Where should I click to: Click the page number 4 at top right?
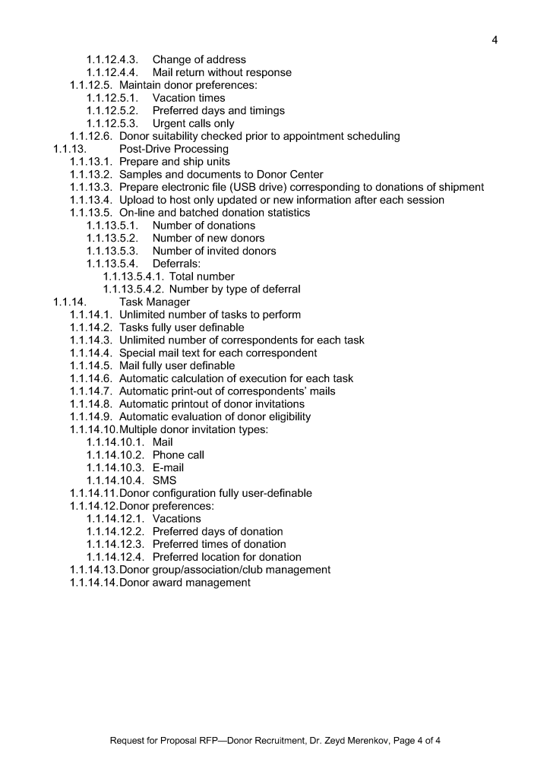(x=495, y=39)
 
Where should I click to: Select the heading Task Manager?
(x=155, y=302)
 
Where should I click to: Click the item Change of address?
(x=199, y=59)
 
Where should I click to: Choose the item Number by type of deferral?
(x=235, y=289)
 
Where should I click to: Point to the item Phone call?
(x=178, y=455)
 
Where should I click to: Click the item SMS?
(x=164, y=480)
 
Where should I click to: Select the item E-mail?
(x=169, y=468)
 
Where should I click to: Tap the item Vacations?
(x=177, y=519)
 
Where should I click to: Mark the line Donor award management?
(x=185, y=583)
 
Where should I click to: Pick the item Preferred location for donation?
(x=226, y=557)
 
